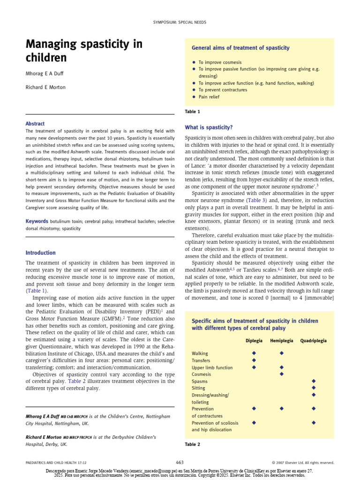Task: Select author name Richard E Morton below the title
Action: tap(45, 87)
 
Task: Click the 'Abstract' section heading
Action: tap(35, 124)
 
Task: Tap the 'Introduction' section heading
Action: tap(40, 253)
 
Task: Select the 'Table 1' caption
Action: tap(193, 112)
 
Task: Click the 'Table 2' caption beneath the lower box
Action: tap(193, 444)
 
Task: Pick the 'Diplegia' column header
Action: tap(254, 341)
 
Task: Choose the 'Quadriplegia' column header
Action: tap(314, 341)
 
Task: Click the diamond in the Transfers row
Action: tap(254, 360)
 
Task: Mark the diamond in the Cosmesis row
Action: tap(282, 374)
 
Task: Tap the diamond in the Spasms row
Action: tap(314, 381)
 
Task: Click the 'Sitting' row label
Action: tap(199, 388)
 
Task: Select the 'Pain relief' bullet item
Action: tap(209, 97)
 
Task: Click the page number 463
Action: tap(180, 462)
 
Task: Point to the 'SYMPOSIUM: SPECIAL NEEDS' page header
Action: tap(180, 22)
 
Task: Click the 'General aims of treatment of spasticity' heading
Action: tap(240, 48)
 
